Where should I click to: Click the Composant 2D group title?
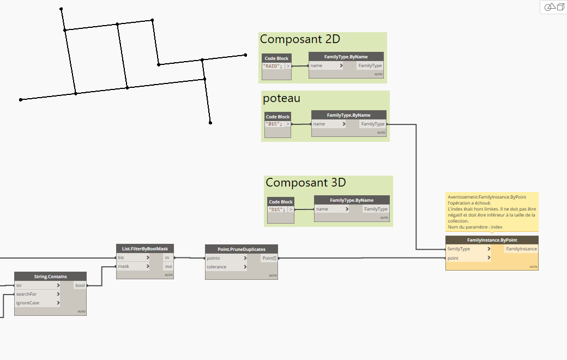click(x=300, y=39)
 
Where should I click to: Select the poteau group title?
click(x=281, y=98)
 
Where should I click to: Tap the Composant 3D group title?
click(x=305, y=183)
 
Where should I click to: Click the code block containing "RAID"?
click(x=273, y=66)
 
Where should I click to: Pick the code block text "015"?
click(x=274, y=124)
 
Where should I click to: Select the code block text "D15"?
click(x=277, y=209)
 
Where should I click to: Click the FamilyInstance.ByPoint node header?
click(x=492, y=240)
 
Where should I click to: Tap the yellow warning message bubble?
click(x=492, y=212)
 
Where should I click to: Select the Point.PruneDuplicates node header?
click(x=241, y=249)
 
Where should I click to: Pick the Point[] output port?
click(x=269, y=258)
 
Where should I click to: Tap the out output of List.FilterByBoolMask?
click(x=168, y=266)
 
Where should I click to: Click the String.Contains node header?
click(x=50, y=276)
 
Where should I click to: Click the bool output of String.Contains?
click(x=80, y=285)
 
